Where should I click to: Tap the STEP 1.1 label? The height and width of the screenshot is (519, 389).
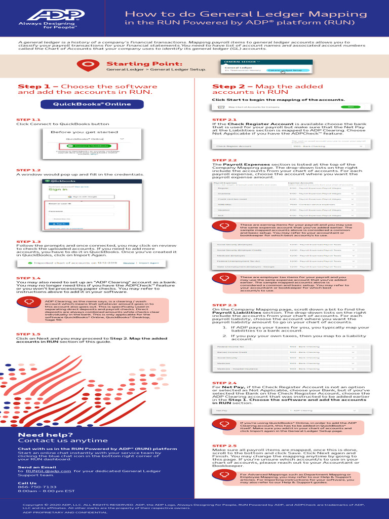pos(28,120)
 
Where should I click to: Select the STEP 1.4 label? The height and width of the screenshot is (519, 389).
pos(28,278)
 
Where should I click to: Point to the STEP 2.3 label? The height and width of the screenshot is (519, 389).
pos(224,305)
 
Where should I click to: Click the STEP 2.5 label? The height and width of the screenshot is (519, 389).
pos(224,446)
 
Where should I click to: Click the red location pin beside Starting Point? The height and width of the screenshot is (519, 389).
pos(88,64)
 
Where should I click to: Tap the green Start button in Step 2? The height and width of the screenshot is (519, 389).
pos(351,107)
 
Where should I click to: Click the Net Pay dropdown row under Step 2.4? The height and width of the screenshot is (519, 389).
pos(289,411)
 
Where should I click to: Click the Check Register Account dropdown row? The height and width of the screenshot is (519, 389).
pos(289,146)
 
